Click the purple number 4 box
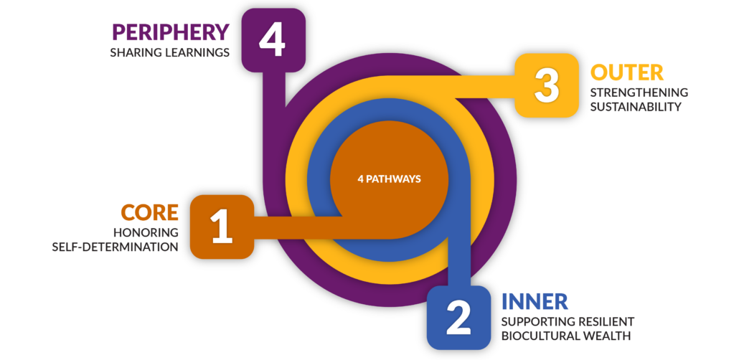click(273, 40)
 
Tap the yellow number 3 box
click(546, 85)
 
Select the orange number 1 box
click(222, 227)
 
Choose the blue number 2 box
click(459, 318)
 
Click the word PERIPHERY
click(170, 32)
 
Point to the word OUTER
click(627, 72)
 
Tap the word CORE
click(149, 212)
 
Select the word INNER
click(535, 302)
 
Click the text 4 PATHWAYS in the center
click(389, 179)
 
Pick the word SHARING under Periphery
click(131, 52)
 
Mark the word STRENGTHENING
click(639, 92)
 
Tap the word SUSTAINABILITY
click(636, 107)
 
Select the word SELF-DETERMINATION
click(115, 247)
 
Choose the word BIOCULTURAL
click(541, 336)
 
